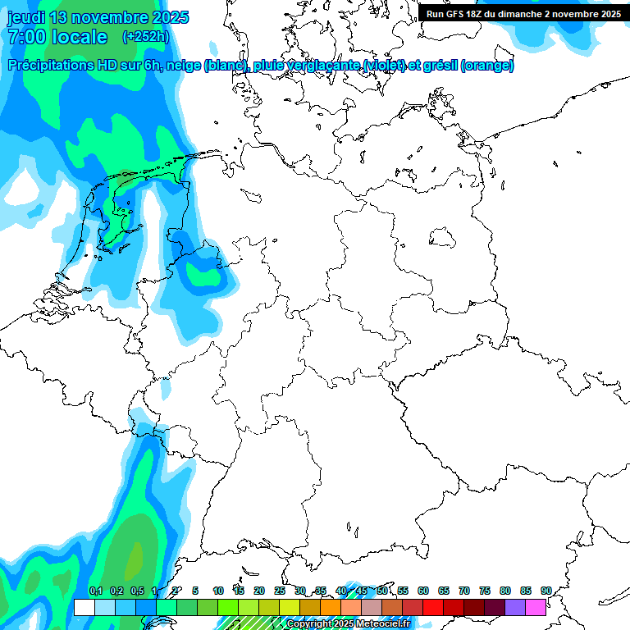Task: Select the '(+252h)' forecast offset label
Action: (x=146, y=37)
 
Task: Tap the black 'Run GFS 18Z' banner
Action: (x=523, y=14)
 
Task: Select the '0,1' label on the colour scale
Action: (x=95, y=591)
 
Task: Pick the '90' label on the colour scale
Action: (x=546, y=591)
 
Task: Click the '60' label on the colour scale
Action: (x=423, y=591)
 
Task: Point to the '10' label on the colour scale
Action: (x=218, y=591)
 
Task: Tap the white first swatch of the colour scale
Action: (x=84, y=607)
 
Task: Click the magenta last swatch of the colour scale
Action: (x=536, y=607)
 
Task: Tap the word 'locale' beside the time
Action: (x=79, y=37)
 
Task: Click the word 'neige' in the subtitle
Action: (x=181, y=66)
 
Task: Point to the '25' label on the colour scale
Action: (x=280, y=591)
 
